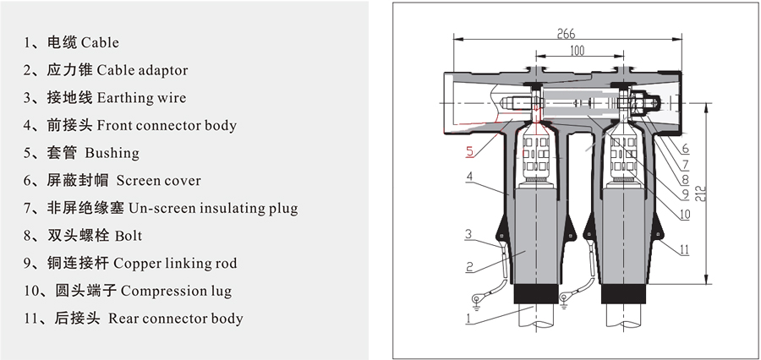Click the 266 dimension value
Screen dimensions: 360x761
[567, 35]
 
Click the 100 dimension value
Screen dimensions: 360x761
[576, 52]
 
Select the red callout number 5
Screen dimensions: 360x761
[469, 153]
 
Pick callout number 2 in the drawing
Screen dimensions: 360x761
[468, 265]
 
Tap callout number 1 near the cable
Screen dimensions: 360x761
[469, 319]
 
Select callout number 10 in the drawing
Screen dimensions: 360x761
[684, 215]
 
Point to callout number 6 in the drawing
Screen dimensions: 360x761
[684, 149]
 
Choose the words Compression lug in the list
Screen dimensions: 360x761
[176, 291]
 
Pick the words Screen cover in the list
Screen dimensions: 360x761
[158, 181]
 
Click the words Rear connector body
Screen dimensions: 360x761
[175, 319]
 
